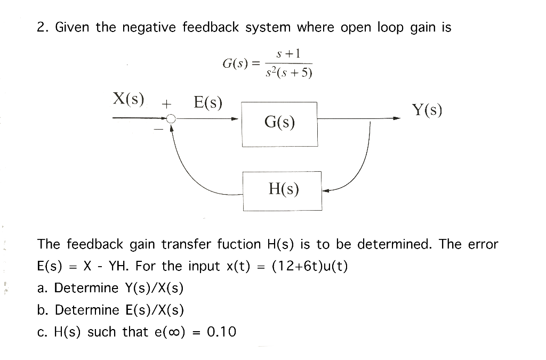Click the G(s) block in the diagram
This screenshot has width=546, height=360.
[279, 124]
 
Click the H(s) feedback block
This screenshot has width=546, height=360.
[283, 190]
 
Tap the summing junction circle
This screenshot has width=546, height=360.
[171, 120]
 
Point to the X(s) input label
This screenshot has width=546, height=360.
[129, 99]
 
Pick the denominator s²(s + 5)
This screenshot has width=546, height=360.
[288, 73]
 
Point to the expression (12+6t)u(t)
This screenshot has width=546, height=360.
[310, 266]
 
